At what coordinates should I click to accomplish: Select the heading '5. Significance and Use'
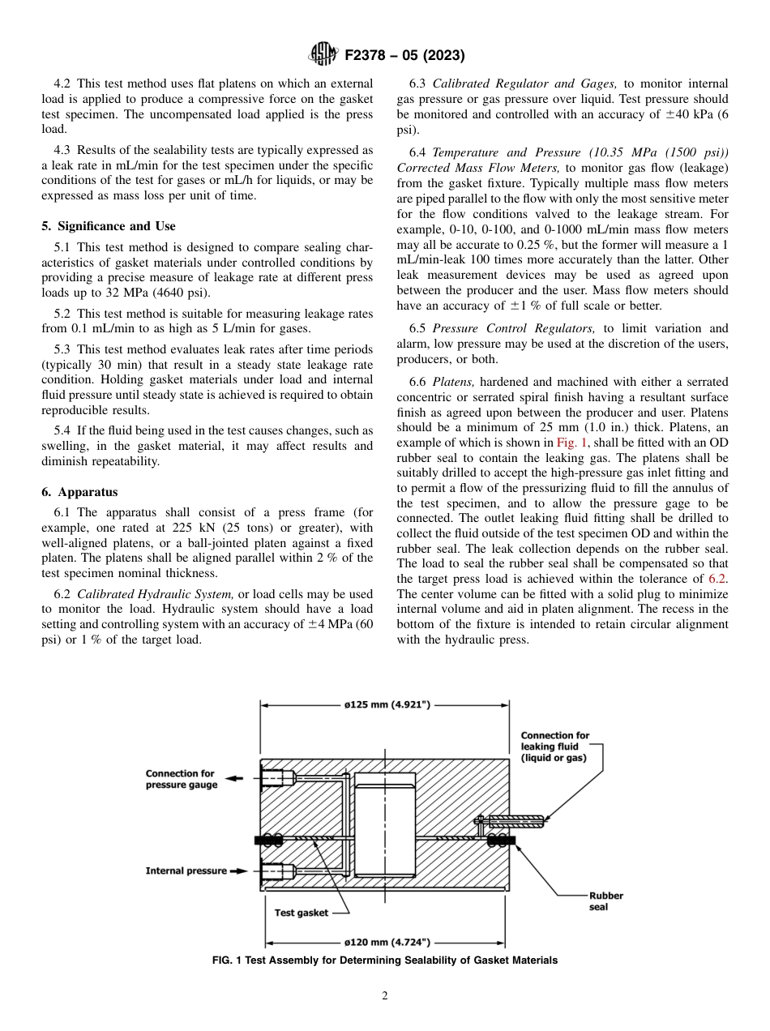109,226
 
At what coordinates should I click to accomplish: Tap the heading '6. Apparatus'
79,492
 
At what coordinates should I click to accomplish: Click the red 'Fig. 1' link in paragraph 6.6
571,443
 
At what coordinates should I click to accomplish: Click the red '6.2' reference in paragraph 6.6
718,578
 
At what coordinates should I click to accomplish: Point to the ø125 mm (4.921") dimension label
384,705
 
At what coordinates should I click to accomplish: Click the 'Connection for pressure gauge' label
181,779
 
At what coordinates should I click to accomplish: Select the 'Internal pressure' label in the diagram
186,871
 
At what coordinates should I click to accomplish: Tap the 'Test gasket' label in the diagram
301,913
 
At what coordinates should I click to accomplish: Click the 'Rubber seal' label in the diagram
605,901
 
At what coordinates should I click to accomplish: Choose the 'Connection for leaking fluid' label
554,747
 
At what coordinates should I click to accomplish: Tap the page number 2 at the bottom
385,996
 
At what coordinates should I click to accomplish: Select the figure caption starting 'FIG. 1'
384,960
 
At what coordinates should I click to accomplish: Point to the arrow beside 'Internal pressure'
240,871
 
